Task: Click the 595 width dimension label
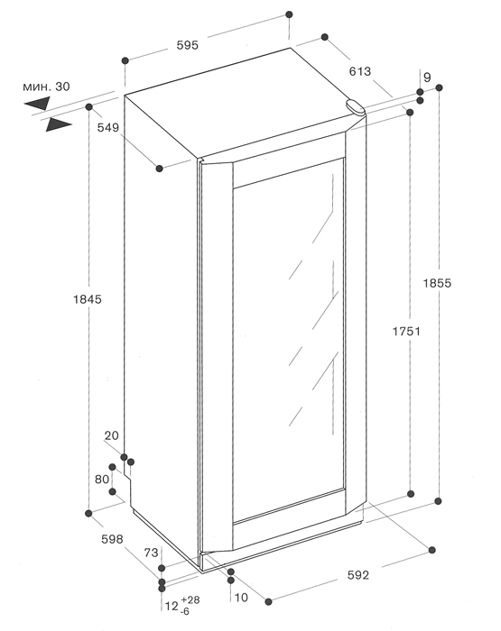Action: (188, 45)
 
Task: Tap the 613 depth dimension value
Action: (359, 71)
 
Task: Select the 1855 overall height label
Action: (437, 283)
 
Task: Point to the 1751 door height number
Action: (406, 331)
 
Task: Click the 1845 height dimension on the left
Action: (88, 299)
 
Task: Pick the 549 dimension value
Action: (108, 128)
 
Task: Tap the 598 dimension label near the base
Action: (112, 539)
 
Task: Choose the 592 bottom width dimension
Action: (357, 575)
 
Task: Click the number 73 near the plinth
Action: (151, 553)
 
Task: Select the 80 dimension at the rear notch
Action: (102, 479)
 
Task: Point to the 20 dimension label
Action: (112, 435)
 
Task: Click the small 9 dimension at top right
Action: (427, 77)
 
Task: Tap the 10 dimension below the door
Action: (241, 598)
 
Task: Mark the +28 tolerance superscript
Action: (190, 599)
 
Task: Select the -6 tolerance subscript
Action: (185, 612)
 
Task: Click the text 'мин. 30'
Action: (46, 87)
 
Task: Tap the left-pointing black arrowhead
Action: (37, 103)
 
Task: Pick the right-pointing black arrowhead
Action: (59, 124)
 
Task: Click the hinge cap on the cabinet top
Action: (355, 107)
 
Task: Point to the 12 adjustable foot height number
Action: (172, 606)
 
